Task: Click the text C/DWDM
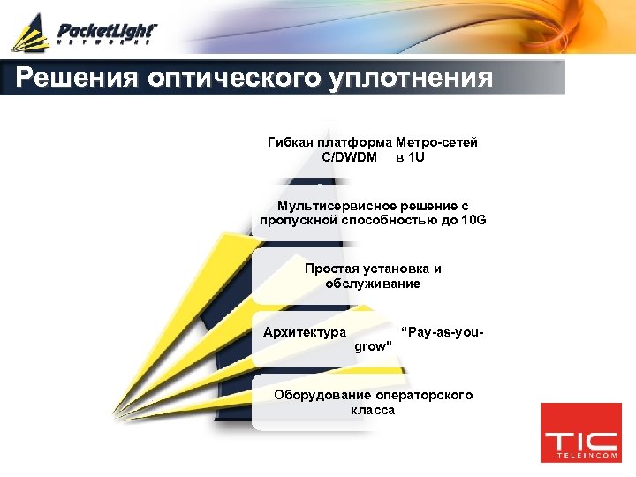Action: (349, 156)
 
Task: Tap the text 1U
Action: (415, 156)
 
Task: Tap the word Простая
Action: (329, 269)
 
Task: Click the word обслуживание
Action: (373, 283)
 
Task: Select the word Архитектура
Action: (304, 332)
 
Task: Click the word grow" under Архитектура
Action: (372, 346)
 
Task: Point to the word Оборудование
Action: (322, 395)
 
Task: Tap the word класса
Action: (373, 410)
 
